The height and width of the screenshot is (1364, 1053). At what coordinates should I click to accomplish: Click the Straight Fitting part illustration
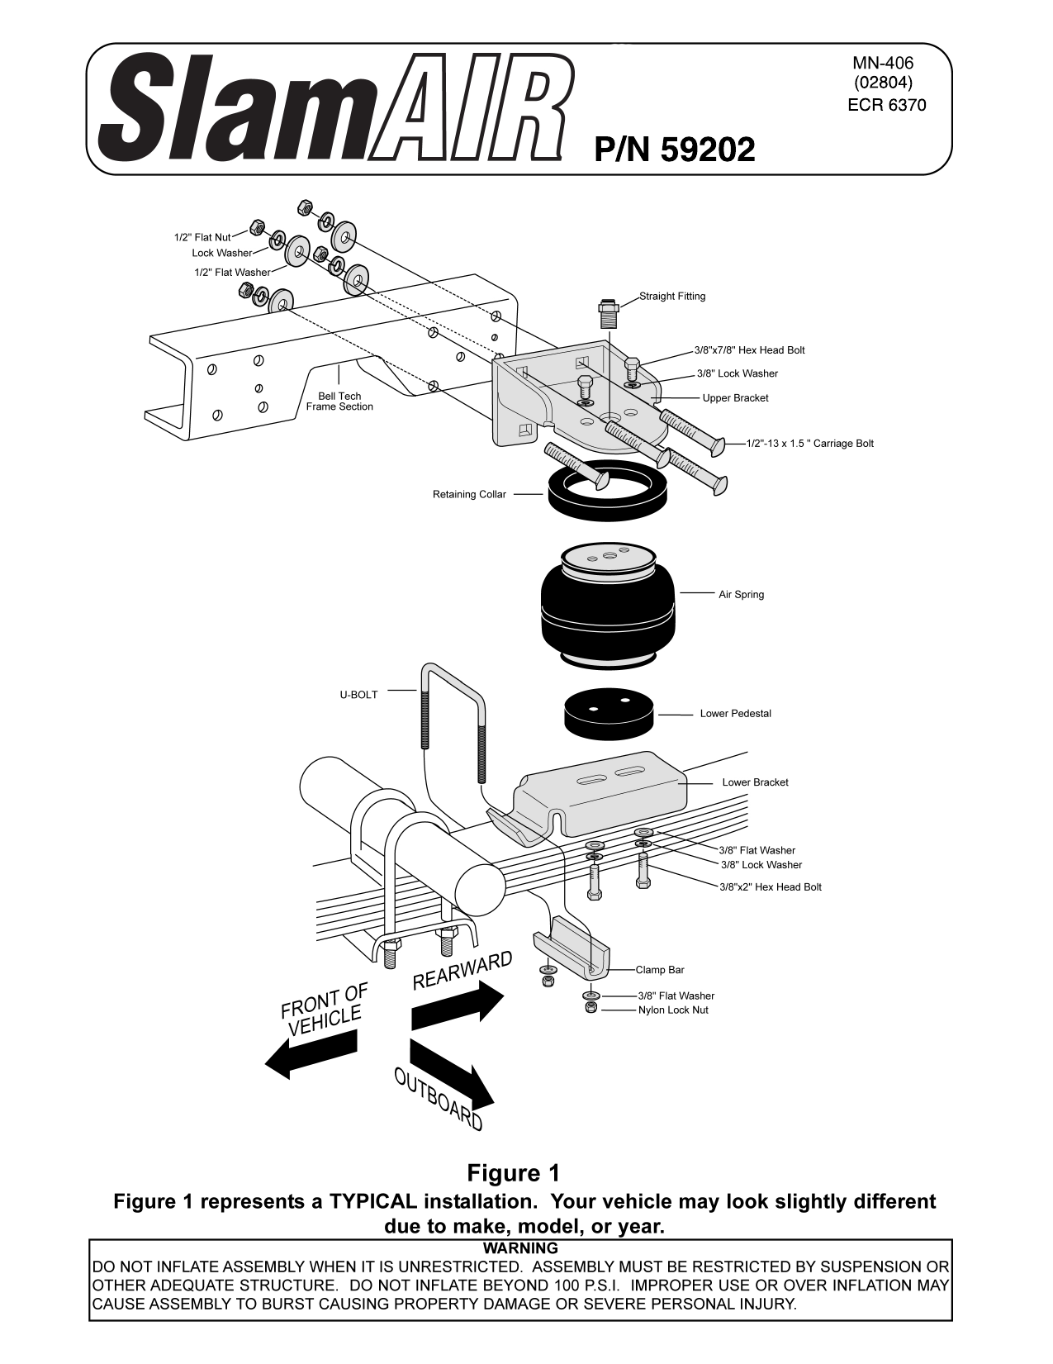tap(609, 314)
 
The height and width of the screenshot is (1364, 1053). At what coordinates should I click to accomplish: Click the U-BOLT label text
tap(358, 695)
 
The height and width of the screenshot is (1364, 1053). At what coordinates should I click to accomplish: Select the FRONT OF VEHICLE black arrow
tap(301, 1057)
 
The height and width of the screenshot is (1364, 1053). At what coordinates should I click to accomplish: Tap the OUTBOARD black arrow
tap(451, 1072)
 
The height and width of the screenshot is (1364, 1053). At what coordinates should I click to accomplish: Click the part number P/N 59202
tap(674, 150)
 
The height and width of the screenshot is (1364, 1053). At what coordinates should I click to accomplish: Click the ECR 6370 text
tap(886, 105)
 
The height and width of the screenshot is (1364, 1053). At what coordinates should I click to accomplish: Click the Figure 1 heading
tap(513, 1172)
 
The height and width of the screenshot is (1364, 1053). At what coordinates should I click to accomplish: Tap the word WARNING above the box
tap(520, 1248)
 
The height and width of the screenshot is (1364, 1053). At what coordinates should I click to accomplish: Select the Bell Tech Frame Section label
tap(339, 402)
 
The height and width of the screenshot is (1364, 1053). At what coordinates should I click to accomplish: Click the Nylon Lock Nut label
tap(672, 1010)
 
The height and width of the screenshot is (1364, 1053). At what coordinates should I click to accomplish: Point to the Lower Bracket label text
tap(755, 782)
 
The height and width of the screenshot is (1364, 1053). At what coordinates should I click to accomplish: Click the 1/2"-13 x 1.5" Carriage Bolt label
tap(809, 444)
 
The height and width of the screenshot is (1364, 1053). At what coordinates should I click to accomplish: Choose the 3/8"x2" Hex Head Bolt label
tap(770, 886)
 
